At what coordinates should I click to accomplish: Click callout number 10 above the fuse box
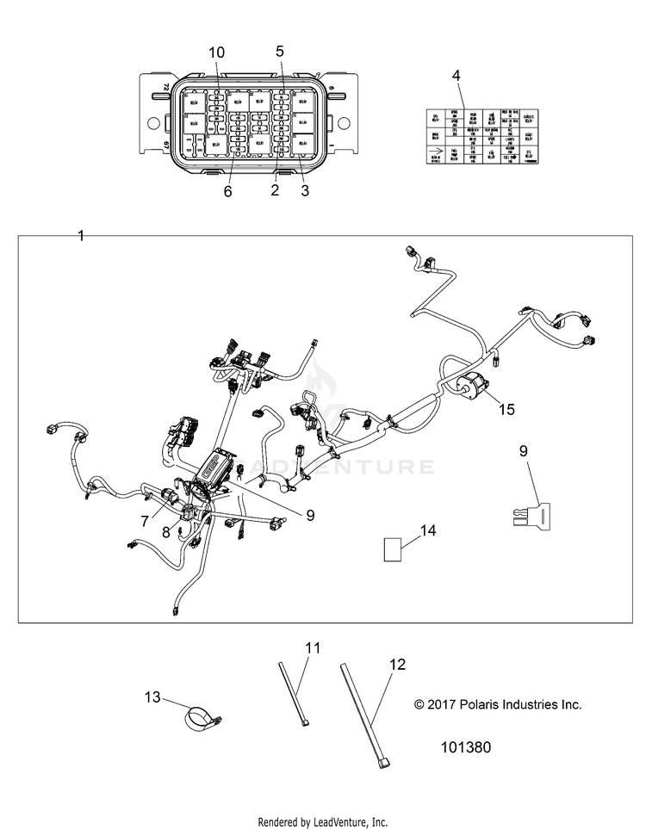coord(215,52)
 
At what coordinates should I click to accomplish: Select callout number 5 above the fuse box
coord(280,51)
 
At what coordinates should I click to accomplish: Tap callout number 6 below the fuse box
coord(228,191)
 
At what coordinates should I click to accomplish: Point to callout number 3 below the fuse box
coord(304,191)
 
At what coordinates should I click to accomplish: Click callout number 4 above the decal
coord(457,76)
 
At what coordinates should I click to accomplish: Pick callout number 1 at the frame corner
coord(81,236)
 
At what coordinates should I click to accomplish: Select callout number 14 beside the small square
coord(428,530)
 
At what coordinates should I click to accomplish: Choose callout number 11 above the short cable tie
coord(312,647)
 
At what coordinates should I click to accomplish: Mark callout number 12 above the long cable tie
coord(396,665)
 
